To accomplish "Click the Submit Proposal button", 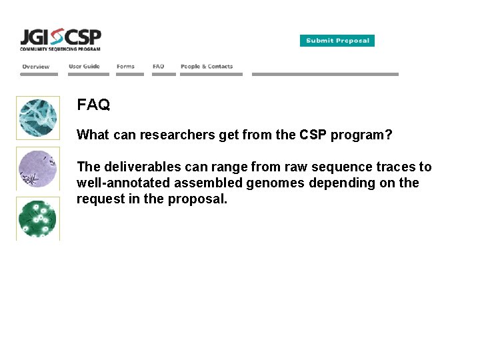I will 337,41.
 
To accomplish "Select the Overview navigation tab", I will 36,67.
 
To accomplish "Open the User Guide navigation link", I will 84,67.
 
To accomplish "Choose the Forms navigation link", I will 125,67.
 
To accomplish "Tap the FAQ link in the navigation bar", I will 158,67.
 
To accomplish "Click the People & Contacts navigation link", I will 207,67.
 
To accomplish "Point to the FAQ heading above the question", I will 93,105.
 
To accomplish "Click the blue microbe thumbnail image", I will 38,118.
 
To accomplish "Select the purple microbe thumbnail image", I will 38,168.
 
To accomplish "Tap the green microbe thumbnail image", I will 38,218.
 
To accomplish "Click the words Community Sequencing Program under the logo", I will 60,49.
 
